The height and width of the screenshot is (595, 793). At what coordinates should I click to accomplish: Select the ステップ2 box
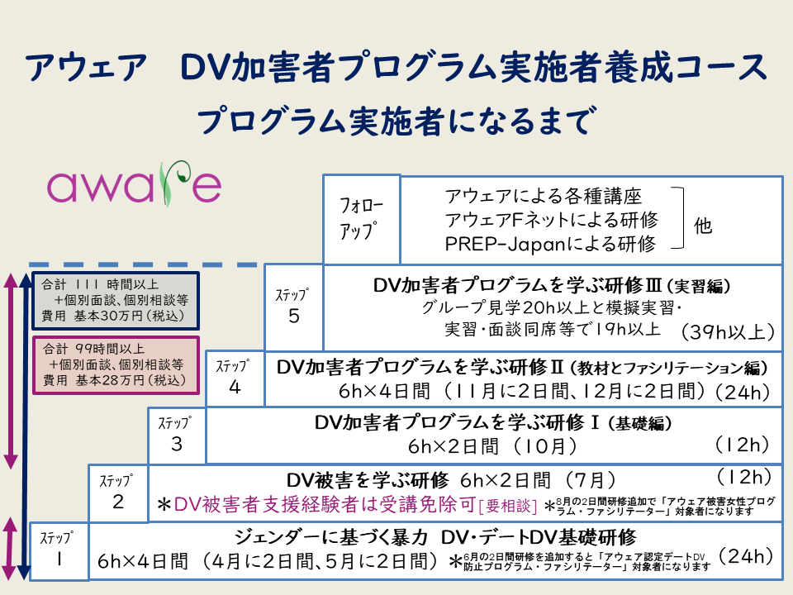click(118, 493)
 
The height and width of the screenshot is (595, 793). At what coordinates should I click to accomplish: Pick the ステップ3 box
click(177, 435)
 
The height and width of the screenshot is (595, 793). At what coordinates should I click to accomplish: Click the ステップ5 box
click(294, 307)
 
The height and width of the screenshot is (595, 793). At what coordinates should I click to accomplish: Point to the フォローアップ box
click(361, 218)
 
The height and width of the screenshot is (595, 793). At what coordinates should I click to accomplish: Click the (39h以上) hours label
click(728, 332)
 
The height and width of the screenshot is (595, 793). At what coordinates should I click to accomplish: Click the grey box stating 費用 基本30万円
click(115, 300)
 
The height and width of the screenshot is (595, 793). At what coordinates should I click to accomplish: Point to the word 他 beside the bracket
click(703, 226)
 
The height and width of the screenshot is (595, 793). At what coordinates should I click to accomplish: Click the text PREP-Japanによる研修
click(549, 244)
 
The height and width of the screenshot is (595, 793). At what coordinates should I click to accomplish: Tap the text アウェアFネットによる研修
click(551, 220)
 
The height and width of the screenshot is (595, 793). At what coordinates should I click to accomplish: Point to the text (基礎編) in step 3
click(640, 423)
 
